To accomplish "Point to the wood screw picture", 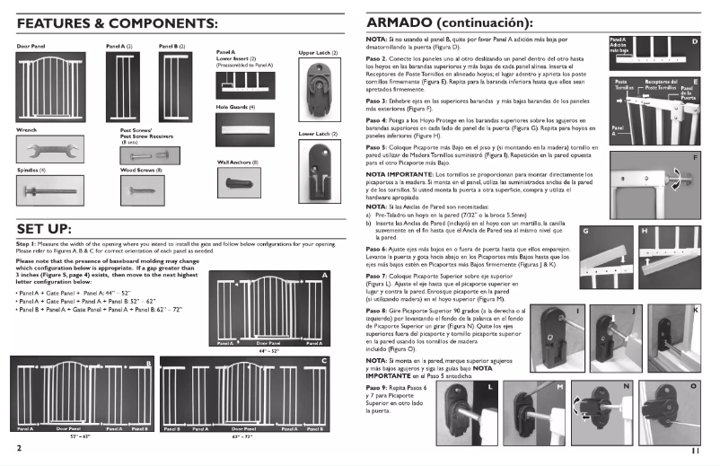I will [x=145, y=189].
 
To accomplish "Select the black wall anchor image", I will [x=238, y=182].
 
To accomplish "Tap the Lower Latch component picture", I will [x=318, y=165].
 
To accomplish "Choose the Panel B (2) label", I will [x=171, y=45].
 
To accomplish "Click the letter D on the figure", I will [x=694, y=41].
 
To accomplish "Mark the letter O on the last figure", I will [x=693, y=386].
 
